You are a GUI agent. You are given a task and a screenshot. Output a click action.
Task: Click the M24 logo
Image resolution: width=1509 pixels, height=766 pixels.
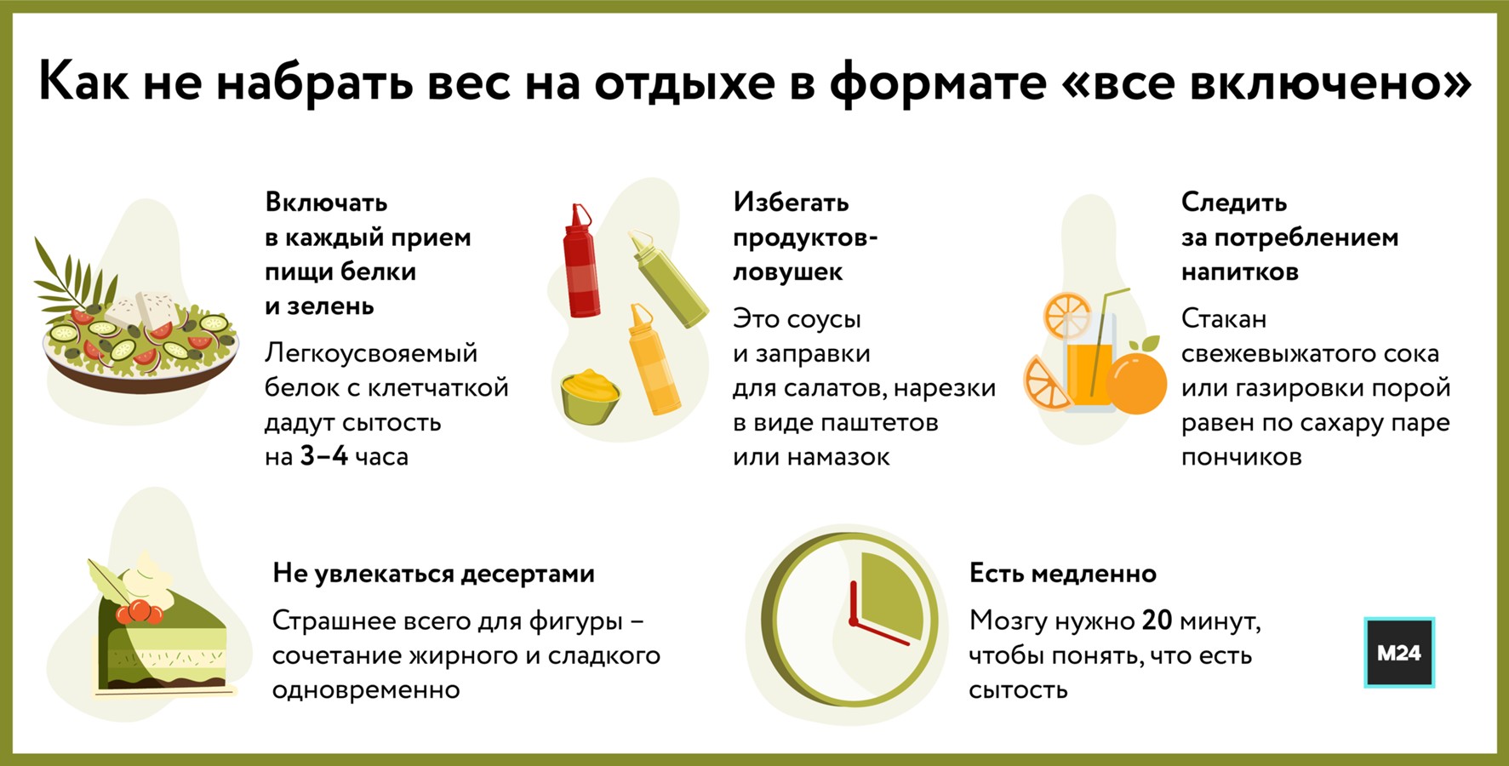(x=1399, y=652)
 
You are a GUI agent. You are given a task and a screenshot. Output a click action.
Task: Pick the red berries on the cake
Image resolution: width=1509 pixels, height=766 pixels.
(x=139, y=612)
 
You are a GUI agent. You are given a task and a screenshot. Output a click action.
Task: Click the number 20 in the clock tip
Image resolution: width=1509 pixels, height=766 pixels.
(x=1157, y=620)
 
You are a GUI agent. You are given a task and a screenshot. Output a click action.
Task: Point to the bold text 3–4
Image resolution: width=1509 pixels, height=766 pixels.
(x=323, y=456)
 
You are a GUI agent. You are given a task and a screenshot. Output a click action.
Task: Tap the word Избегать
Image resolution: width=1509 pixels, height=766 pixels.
(x=791, y=203)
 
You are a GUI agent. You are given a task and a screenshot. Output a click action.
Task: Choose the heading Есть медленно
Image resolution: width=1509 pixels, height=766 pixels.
(x=1062, y=574)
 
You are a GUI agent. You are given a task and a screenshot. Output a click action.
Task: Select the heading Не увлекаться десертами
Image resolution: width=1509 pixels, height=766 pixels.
(x=433, y=574)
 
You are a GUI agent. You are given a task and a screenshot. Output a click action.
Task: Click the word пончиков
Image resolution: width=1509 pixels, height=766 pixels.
(x=1241, y=457)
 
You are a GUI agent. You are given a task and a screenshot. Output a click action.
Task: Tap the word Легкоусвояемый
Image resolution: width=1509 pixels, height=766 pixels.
(x=371, y=352)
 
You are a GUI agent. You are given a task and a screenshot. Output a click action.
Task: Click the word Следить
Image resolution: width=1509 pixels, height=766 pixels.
(x=1233, y=203)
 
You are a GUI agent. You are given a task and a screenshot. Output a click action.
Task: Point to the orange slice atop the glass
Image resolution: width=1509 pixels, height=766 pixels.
(x=1067, y=315)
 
